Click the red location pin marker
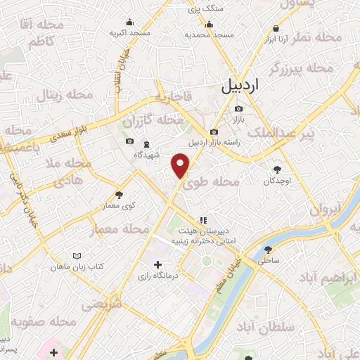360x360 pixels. click(181, 165)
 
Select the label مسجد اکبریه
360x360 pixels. click(129, 33)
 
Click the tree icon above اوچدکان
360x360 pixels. click(277, 169)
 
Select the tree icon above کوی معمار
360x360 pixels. click(119, 195)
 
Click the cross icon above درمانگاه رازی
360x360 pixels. click(157, 265)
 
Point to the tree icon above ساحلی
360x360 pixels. click(267, 250)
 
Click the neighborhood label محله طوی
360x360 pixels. click(219, 181)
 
